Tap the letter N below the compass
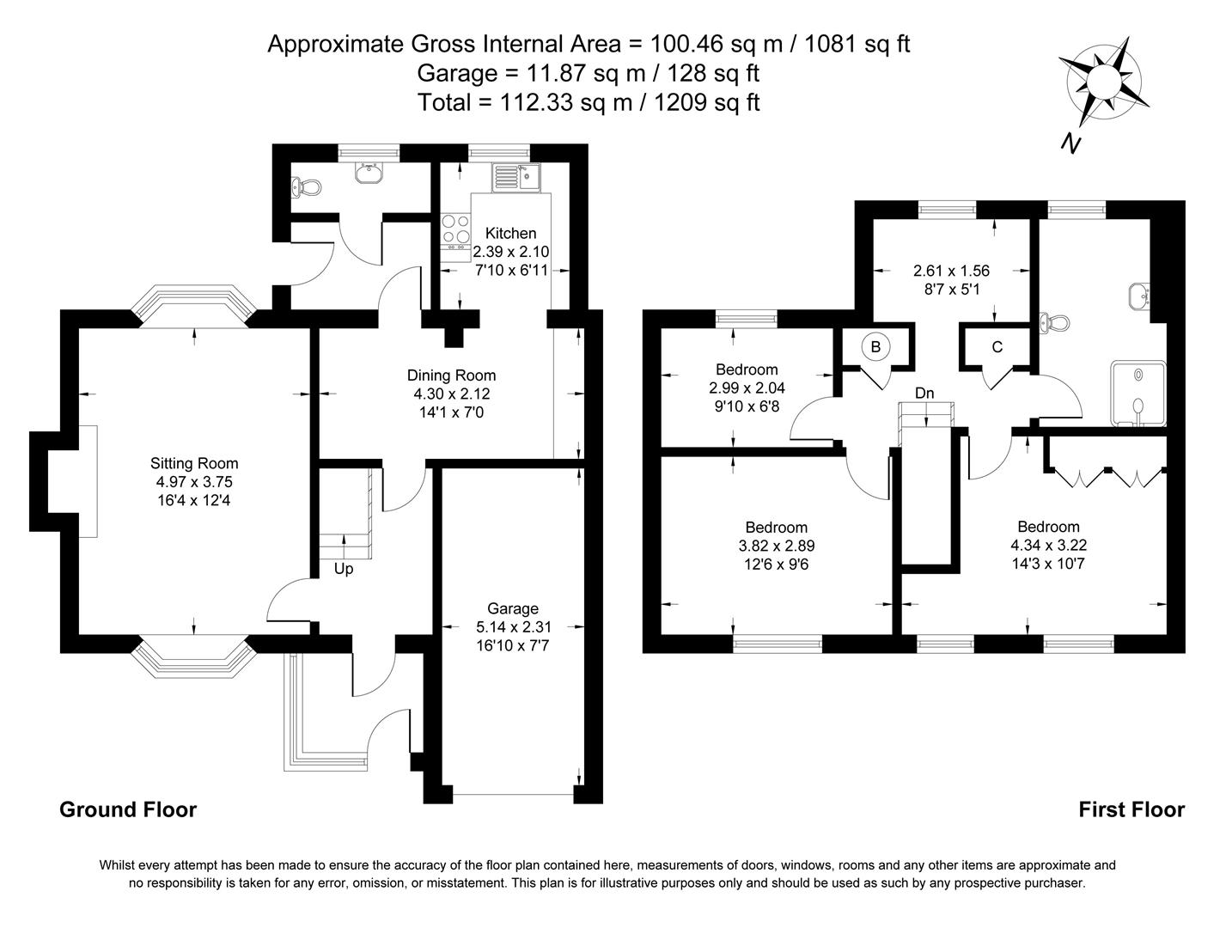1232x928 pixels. [x=1070, y=143]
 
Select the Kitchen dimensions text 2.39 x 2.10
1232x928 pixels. [x=510, y=252]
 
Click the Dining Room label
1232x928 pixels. [x=451, y=375]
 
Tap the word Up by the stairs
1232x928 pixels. [x=344, y=569]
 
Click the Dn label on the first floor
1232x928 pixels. [x=924, y=394]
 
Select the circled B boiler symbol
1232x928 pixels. [x=875, y=347]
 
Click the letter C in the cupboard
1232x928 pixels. [x=997, y=347]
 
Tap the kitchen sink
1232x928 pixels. [x=515, y=178]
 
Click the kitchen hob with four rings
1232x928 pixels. [x=455, y=229]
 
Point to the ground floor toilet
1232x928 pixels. [x=306, y=186]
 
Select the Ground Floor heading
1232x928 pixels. [x=128, y=809]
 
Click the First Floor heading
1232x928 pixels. [x=1131, y=809]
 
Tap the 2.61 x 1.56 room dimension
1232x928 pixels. [x=951, y=271]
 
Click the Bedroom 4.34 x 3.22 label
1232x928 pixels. [x=1048, y=527]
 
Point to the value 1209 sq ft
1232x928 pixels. [x=707, y=102]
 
